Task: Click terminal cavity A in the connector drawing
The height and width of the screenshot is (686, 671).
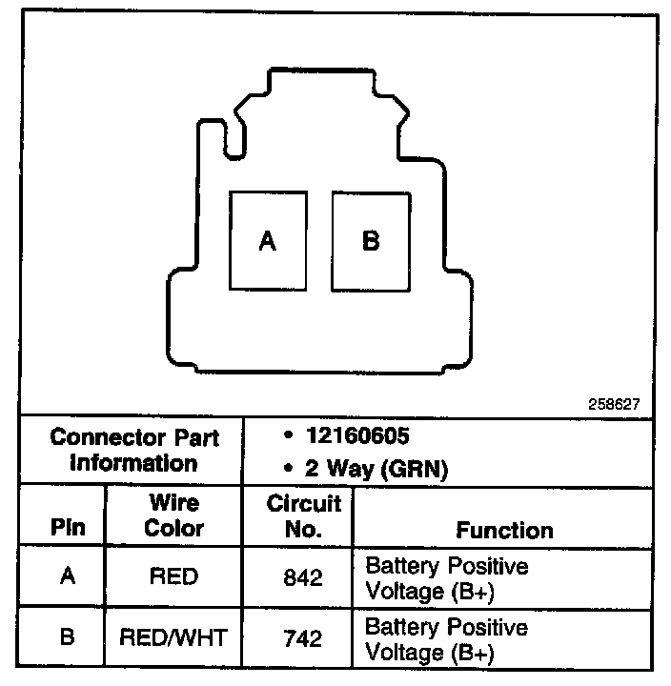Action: (268, 241)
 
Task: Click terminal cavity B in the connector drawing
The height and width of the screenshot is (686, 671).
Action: (370, 241)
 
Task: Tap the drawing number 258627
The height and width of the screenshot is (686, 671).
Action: (614, 405)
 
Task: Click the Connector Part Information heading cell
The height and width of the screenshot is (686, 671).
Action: (134, 451)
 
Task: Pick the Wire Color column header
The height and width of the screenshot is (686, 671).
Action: (173, 515)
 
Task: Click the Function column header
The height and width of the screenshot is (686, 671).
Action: (504, 530)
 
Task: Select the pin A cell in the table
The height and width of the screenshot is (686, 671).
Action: (68, 577)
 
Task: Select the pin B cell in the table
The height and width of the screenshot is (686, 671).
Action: (68, 636)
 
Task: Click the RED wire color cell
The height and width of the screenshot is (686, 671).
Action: (173, 577)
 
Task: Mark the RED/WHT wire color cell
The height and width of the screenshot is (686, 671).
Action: (173, 636)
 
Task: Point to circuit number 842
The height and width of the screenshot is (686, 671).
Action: (303, 577)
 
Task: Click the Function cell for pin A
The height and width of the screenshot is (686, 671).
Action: (446, 578)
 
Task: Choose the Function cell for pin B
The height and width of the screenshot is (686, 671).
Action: (446, 639)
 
